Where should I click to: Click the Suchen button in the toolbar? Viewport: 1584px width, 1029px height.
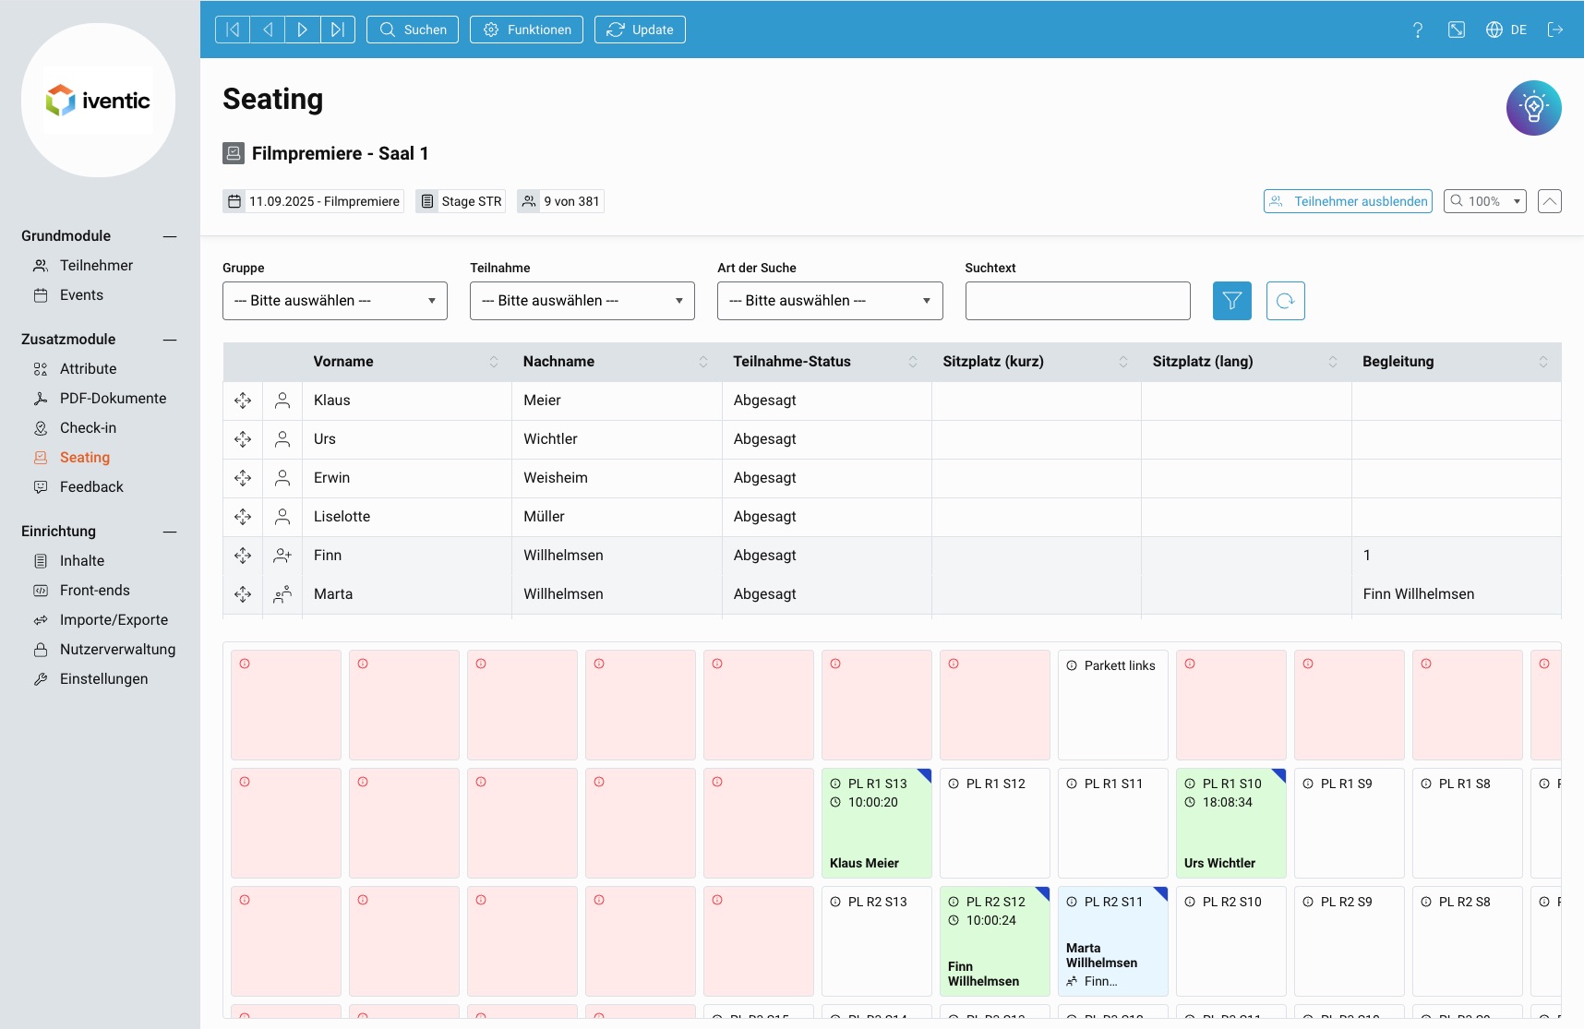coord(413,30)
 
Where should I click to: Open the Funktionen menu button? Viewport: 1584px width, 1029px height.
coord(526,30)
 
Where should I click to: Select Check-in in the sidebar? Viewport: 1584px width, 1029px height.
coord(88,428)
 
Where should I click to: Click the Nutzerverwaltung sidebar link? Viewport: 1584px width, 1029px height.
coord(117,650)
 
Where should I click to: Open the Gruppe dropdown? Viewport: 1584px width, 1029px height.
coord(334,301)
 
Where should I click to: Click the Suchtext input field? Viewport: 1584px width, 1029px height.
coord(1077,301)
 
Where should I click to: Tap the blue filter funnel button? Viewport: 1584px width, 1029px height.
coord(1231,301)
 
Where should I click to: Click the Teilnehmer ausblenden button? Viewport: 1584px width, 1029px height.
coord(1348,201)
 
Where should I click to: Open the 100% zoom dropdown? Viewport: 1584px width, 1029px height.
coord(1484,201)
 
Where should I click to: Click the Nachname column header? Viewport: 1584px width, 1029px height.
coord(558,362)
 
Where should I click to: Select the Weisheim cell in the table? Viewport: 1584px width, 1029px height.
coord(556,478)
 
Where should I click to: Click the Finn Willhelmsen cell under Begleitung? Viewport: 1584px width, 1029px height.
coord(1419,594)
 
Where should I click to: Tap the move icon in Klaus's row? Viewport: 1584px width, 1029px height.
coord(243,401)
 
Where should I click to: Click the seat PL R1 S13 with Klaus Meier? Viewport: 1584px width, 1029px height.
coord(876,823)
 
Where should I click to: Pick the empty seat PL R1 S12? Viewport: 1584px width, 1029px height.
coord(994,823)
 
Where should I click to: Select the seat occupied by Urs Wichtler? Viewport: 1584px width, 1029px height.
coord(1230,823)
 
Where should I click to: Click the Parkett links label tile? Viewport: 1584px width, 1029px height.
coord(1112,704)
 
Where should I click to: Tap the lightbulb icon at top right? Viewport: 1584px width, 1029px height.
coord(1533,108)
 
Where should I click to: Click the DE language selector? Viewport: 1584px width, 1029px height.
coord(1506,30)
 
